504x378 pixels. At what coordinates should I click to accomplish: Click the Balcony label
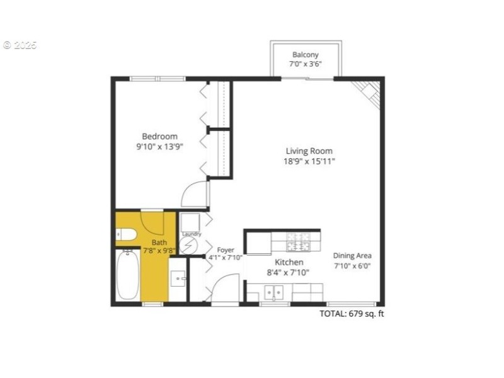(x=306, y=55)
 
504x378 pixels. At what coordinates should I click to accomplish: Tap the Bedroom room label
(x=159, y=136)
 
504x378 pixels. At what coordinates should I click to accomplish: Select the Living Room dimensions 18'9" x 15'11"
(x=309, y=161)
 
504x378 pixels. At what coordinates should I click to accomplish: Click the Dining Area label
(x=352, y=255)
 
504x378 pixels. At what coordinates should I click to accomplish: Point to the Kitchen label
(x=289, y=262)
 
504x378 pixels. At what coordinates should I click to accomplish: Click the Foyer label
(x=225, y=250)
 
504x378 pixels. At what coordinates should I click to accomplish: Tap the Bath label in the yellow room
(x=159, y=242)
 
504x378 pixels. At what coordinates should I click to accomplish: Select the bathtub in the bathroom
(x=128, y=275)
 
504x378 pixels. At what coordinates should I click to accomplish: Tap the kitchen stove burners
(x=296, y=243)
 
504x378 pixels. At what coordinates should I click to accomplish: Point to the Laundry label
(x=192, y=234)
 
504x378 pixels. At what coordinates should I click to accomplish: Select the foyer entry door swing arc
(x=224, y=289)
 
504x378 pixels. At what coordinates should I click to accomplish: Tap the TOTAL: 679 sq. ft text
(x=352, y=314)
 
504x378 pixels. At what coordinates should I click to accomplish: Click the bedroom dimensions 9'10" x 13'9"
(x=159, y=146)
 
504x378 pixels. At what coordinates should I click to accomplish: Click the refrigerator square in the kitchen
(x=258, y=243)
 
